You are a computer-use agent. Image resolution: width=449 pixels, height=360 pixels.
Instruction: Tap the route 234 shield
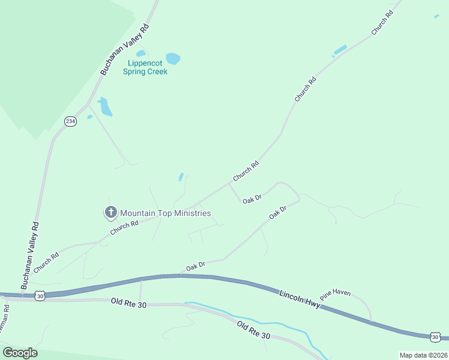click(x=71, y=121)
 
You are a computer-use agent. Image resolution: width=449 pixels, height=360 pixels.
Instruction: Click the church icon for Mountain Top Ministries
click(x=110, y=212)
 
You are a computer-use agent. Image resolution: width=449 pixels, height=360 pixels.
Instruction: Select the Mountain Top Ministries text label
click(x=165, y=213)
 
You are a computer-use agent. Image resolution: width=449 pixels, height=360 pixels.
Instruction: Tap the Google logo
click(x=20, y=353)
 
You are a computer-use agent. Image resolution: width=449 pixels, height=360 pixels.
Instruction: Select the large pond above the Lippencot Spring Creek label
click(x=173, y=58)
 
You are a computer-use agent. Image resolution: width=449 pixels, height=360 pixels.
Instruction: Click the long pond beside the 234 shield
click(x=106, y=107)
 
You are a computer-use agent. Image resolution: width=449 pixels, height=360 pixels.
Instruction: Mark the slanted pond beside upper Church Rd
click(x=340, y=50)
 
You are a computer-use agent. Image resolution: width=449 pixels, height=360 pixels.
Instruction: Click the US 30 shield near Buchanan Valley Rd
click(x=40, y=295)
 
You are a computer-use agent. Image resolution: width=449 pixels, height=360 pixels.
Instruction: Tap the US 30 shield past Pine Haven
click(x=436, y=337)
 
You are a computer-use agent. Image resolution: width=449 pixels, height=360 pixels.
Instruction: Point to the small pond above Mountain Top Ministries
click(x=181, y=176)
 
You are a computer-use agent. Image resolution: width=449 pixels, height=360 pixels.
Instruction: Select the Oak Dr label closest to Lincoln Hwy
click(x=196, y=265)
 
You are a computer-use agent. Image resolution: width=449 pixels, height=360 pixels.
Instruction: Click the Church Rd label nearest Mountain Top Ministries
click(x=124, y=228)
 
